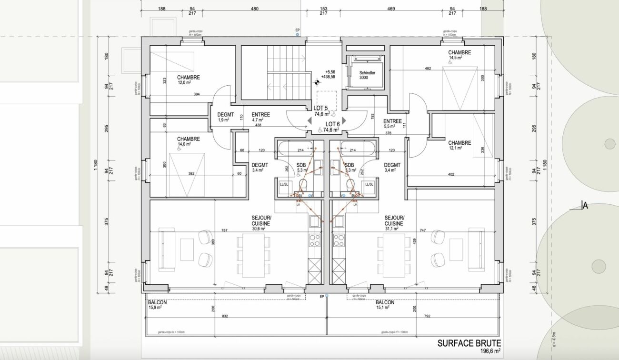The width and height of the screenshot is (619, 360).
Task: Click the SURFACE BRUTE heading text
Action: (x=469, y=343)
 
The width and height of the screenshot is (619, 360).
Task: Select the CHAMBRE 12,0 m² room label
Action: (x=188, y=80)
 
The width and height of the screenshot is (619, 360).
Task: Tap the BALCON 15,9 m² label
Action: (x=157, y=305)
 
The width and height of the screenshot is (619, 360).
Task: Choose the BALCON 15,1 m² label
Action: (x=385, y=305)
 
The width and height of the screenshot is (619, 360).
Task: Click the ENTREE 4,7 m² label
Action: (x=260, y=117)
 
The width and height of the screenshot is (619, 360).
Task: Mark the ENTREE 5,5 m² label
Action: (x=392, y=124)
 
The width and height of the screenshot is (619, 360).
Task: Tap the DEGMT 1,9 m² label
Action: (x=225, y=117)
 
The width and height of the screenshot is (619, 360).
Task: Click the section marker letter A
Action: (x=585, y=206)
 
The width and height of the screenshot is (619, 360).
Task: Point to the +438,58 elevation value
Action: (x=328, y=76)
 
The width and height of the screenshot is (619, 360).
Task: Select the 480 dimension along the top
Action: (x=254, y=9)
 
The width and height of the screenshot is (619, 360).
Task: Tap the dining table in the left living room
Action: (x=253, y=255)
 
